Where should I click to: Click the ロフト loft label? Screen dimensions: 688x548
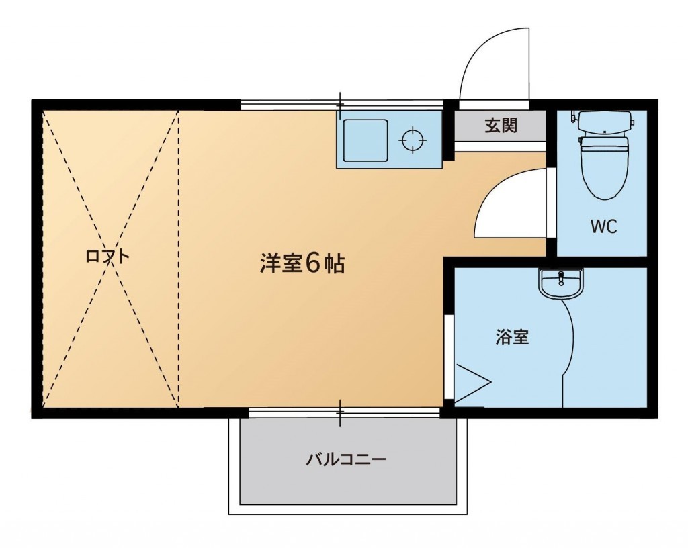tap(108, 256)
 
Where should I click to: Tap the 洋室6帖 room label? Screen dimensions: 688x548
tap(302, 263)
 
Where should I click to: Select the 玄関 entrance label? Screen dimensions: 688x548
tap(501, 126)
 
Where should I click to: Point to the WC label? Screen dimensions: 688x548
tap(604, 226)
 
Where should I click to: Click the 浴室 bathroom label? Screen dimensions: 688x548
tap(512, 336)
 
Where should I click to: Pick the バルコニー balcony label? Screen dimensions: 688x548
tap(346, 459)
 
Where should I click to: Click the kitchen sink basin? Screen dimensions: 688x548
tap(365, 140)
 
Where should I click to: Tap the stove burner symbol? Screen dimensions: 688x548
tap(413, 140)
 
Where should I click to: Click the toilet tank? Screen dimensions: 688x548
tap(605, 122)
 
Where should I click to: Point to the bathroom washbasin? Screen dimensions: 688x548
tap(561, 283)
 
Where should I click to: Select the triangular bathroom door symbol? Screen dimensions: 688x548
tap(472, 383)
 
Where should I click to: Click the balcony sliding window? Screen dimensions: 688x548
tap(345, 412)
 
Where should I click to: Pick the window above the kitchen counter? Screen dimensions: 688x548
tap(342, 105)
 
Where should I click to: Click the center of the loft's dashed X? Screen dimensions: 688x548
tap(111, 259)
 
